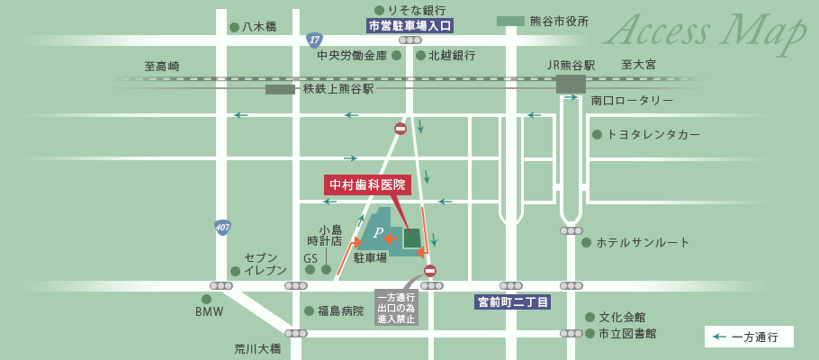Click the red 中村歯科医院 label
[367, 184]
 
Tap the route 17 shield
[314, 40]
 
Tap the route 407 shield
[223, 228]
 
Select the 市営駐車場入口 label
[409, 25]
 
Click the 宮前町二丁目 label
[513, 302]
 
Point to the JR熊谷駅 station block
[571, 85]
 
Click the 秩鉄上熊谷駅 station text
[337, 89]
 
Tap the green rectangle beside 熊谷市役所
[510, 21]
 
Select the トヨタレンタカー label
[652, 134]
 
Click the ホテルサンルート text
[642, 242]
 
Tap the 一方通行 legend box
[749, 337]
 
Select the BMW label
[209, 311]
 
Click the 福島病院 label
[340, 310]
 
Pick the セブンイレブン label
[265, 264]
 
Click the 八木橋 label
[258, 27]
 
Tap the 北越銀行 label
[452, 56]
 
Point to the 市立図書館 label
[627, 333]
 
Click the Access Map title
[707, 32]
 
